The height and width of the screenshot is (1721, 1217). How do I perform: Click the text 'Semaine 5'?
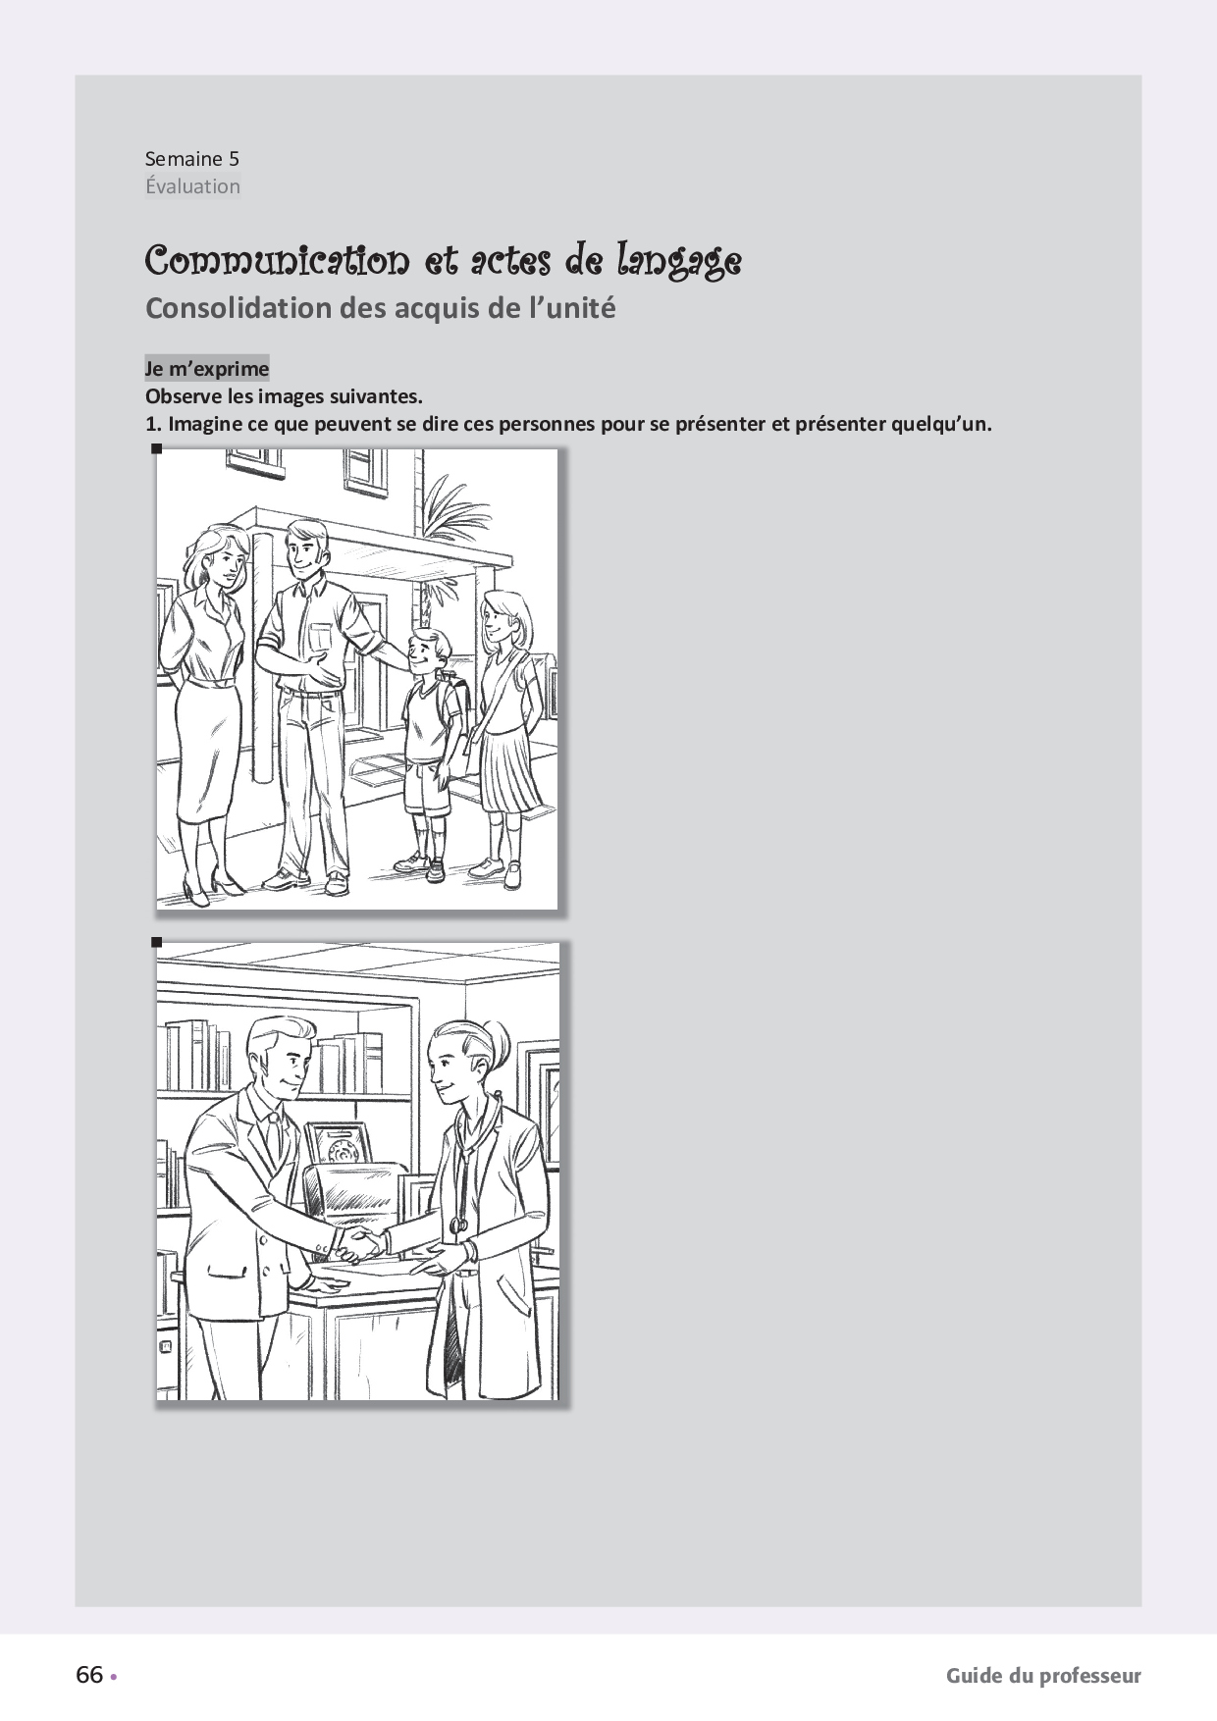[x=192, y=159]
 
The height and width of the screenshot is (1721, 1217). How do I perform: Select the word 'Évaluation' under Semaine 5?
[x=192, y=186]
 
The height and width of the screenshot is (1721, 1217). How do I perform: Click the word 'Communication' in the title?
[x=278, y=260]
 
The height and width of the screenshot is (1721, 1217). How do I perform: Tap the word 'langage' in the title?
[x=679, y=260]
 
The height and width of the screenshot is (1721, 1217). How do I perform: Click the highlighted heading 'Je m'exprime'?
[x=207, y=369]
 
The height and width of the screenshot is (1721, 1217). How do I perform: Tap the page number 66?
[x=89, y=1675]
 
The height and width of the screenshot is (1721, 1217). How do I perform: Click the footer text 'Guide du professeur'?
[x=1043, y=1676]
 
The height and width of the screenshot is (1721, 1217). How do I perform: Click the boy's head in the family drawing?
[x=430, y=652]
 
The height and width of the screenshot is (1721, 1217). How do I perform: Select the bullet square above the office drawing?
[x=156, y=942]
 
